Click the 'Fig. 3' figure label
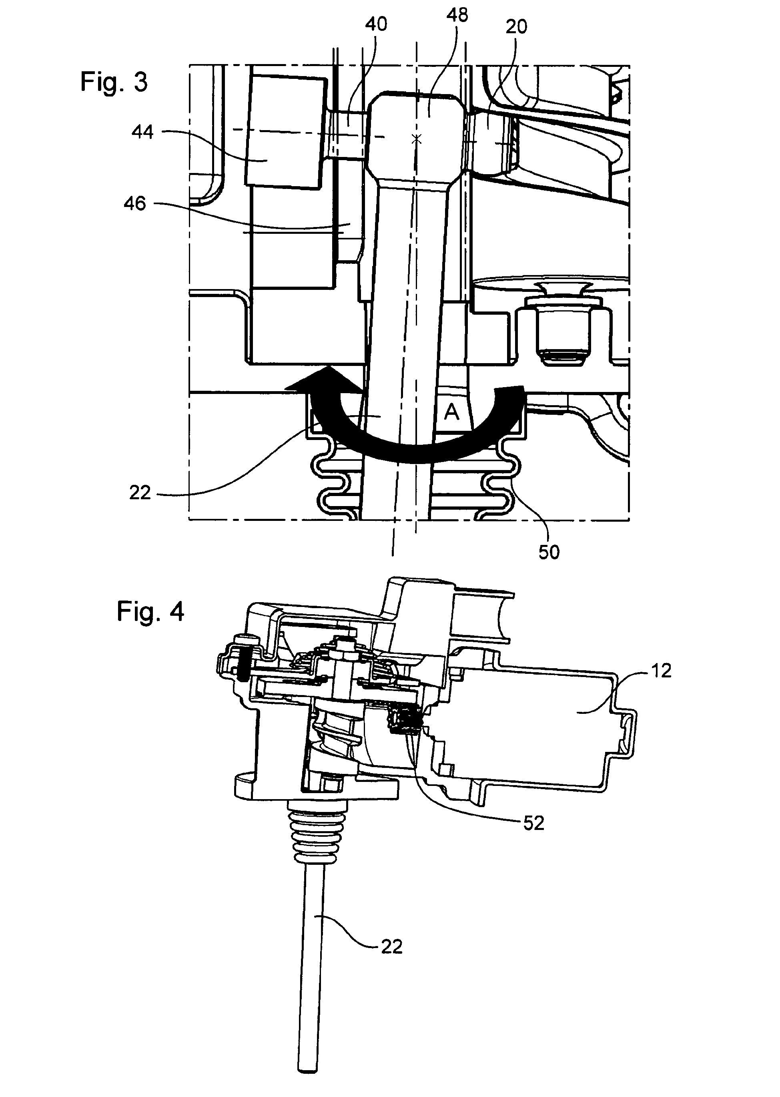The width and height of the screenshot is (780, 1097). (114, 82)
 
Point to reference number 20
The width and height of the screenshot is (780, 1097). (516, 26)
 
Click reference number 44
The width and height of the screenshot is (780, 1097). (142, 132)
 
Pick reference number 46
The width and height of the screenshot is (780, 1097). (135, 203)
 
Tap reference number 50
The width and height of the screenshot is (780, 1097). (549, 552)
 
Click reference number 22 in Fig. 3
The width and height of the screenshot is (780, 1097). (140, 492)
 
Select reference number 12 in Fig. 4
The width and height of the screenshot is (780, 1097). (661, 670)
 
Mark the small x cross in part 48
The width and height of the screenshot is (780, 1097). (417, 139)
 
